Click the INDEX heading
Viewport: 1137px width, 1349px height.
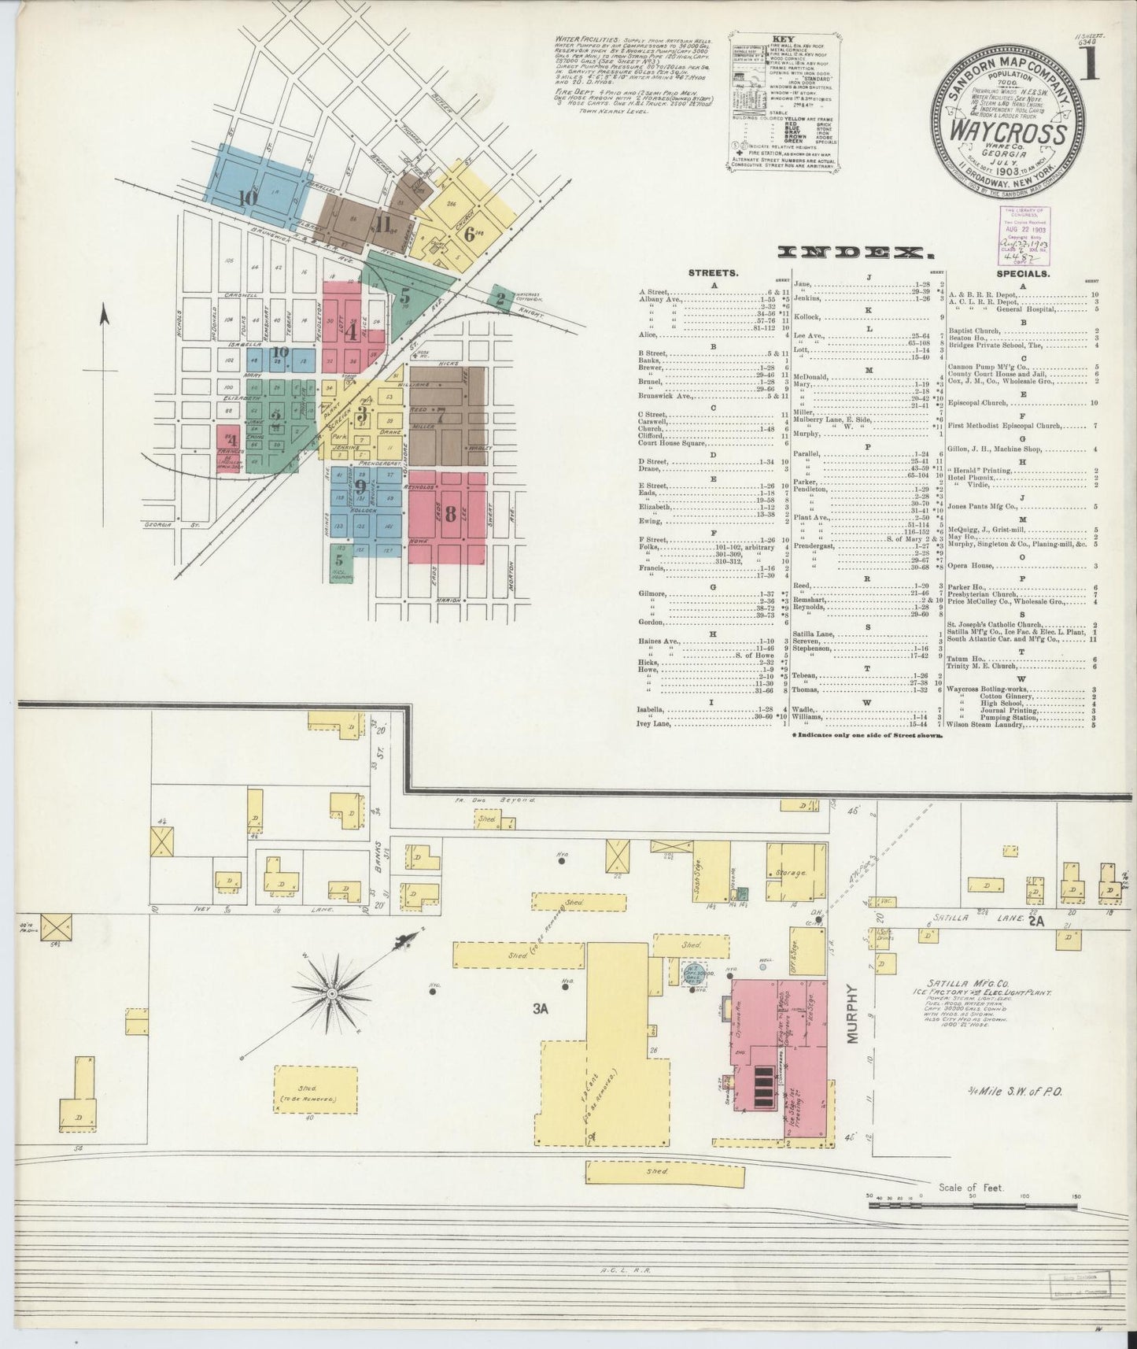(855, 253)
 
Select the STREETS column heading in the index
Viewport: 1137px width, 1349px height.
(712, 274)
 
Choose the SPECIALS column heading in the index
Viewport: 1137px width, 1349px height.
(1023, 274)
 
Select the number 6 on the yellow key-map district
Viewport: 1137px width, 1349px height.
(470, 233)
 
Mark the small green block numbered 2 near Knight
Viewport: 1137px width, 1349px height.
(500, 298)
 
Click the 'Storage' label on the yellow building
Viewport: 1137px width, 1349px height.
(792, 874)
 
